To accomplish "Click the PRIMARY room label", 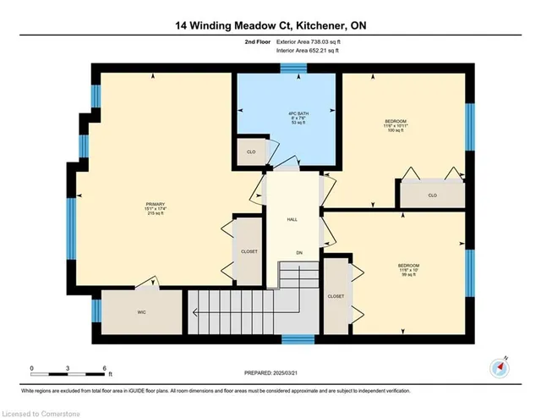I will (x=155, y=208).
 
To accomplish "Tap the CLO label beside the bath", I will (x=251, y=152).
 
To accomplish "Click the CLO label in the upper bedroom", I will (x=431, y=195).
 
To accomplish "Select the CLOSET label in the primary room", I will (x=249, y=251).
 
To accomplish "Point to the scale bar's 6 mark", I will (x=104, y=367).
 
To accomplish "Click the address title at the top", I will (x=270, y=26).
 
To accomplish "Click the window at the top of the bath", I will (x=292, y=68).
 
